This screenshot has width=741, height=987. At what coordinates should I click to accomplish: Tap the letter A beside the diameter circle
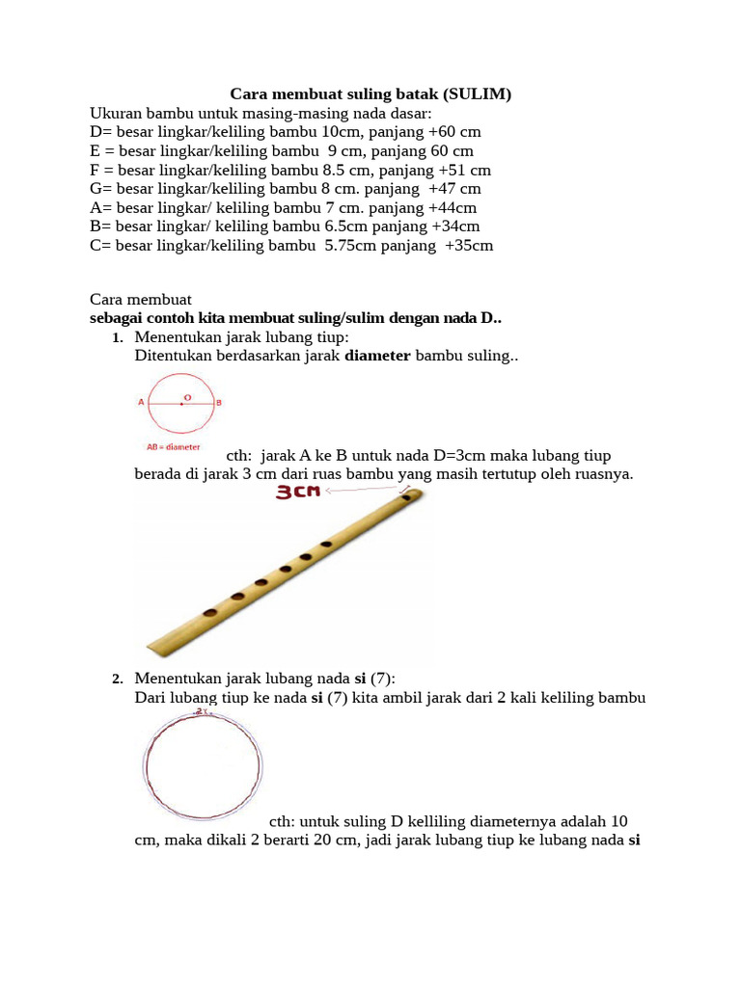point(142,403)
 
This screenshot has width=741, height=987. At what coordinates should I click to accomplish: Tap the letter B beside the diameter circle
point(219,403)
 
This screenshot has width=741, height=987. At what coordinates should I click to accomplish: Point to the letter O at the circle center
point(186,396)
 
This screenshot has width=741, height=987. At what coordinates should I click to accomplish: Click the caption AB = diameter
point(174,447)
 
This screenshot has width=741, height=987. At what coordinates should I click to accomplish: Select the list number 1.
point(118,338)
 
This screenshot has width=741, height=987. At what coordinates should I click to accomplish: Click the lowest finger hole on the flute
point(209,612)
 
